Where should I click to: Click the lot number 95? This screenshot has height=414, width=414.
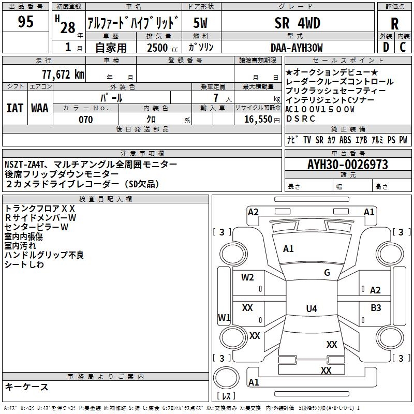point(25,22)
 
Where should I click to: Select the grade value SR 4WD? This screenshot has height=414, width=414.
point(297,23)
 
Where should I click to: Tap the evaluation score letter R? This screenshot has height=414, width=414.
point(394,24)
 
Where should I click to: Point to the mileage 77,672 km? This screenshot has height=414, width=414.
point(63,74)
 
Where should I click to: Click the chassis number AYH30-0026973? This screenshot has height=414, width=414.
point(347,165)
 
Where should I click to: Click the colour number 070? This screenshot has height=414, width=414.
point(85,120)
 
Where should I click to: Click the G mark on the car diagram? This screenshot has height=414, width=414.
point(327,273)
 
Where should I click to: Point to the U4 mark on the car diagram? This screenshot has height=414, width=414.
point(311,309)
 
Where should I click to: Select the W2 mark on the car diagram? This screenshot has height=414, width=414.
point(247,277)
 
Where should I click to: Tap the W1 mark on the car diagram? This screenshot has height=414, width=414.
point(224,317)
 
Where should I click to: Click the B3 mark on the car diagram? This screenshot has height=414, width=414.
point(376,307)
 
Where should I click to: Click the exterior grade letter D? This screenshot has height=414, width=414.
point(385,48)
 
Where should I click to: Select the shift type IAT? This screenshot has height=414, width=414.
point(14,108)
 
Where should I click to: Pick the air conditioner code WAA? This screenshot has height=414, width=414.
point(40,108)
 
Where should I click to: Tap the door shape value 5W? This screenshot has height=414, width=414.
point(201,23)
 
